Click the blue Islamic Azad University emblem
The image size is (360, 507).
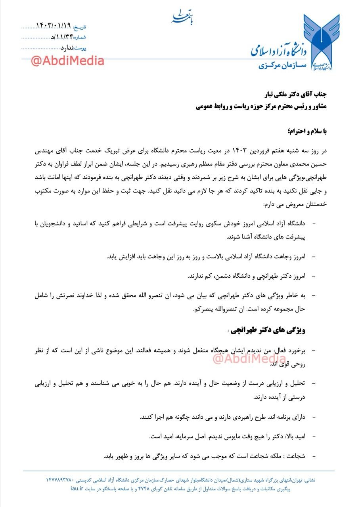click(321, 42)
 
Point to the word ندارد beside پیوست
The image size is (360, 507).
click(67, 48)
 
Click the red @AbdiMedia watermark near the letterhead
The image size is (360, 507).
click(67, 61)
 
